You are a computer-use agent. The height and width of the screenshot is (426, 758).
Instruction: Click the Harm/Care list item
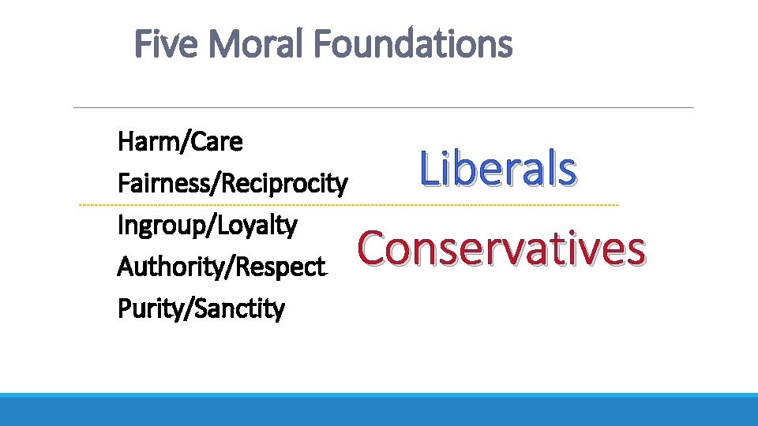pyautogui.click(x=180, y=143)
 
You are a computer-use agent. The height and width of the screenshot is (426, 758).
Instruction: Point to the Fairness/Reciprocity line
pyautogui.click(x=232, y=185)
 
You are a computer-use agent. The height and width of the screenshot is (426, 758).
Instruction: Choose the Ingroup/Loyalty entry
pyautogui.click(x=207, y=226)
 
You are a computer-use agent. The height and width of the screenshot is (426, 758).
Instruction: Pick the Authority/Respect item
pyautogui.click(x=222, y=267)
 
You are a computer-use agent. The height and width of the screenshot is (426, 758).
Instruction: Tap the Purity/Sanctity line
pyautogui.click(x=201, y=308)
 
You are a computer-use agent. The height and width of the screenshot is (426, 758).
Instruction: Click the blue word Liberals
pyautogui.click(x=498, y=169)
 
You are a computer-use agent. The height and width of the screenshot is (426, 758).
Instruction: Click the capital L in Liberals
pyautogui.click(x=430, y=169)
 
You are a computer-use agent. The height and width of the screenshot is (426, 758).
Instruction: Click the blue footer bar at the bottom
pyautogui.click(x=379, y=409)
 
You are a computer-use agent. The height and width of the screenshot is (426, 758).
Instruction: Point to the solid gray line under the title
pyautogui.click(x=383, y=107)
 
